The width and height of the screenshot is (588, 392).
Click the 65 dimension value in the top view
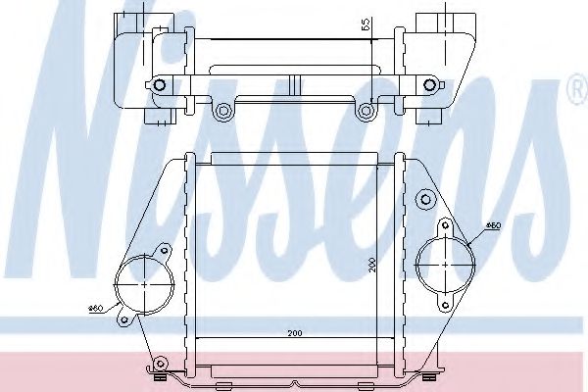click(366, 24)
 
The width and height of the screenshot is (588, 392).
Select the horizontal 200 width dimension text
click(295, 333)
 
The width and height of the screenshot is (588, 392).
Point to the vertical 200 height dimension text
click(371, 265)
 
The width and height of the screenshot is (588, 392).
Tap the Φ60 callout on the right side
click(494, 225)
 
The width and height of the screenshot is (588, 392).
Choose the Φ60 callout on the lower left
click(96, 309)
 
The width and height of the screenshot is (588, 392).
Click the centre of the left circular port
click(145, 284)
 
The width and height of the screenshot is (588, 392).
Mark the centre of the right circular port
click(445, 265)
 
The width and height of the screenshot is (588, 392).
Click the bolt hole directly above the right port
click(445, 225)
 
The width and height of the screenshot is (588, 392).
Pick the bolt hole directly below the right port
click(445, 305)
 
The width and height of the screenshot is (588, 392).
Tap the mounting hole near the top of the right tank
click(425, 199)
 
